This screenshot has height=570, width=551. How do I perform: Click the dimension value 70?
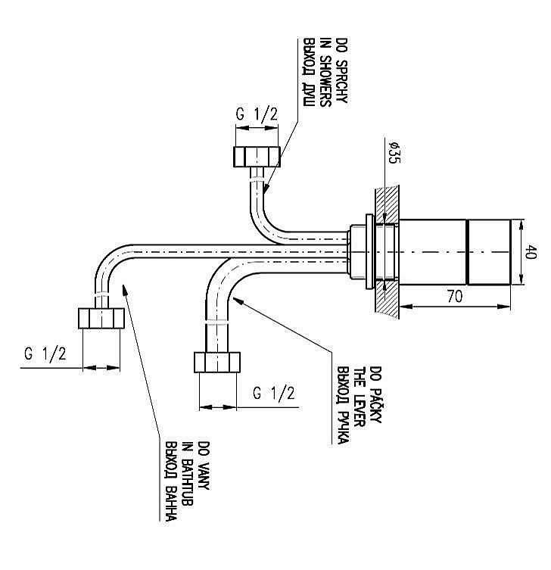click(x=454, y=297)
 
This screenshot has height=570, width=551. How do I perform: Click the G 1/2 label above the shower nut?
click(x=257, y=115)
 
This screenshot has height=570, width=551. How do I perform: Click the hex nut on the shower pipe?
click(x=257, y=157)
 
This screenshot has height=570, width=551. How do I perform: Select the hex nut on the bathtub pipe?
click(x=101, y=317)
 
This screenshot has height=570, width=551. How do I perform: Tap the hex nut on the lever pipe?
click(x=218, y=362)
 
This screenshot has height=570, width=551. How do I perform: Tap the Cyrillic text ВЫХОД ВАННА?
click(x=171, y=482)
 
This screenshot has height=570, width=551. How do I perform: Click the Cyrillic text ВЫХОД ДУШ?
click(x=309, y=70)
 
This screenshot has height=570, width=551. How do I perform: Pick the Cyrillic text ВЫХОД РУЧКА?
click(x=343, y=406)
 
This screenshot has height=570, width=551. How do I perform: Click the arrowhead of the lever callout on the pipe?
click(x=237, y=300)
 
